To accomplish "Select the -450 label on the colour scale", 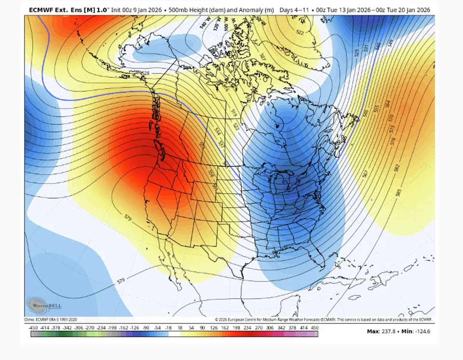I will point(33,328).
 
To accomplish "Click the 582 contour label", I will point(396,168).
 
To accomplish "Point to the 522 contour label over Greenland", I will point(300,32).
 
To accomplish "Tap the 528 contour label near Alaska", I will point(145,73).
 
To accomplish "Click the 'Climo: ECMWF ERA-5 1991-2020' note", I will point(51,319).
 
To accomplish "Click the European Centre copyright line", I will point(324,319).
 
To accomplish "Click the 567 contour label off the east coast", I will point(365,172).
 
